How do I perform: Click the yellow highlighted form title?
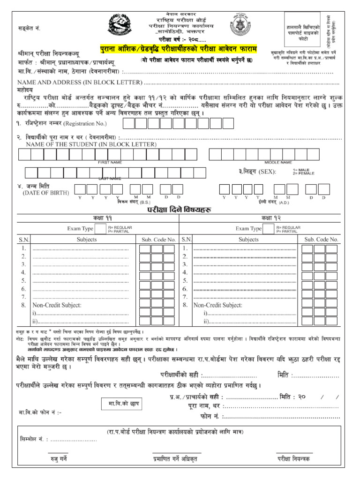[179, 49]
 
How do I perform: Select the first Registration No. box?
[129, 123]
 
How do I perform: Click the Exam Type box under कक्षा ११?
[100, 229]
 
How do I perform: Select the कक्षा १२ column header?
[267, 219]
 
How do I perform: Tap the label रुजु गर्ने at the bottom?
[59, 459]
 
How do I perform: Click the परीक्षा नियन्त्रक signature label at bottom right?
[293, 459]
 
